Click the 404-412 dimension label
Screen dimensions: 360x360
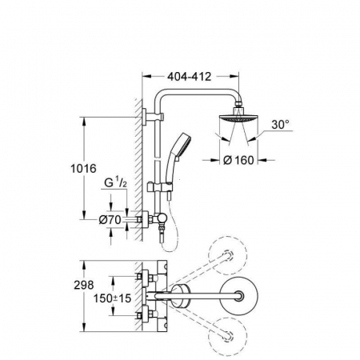pyautogui.click(x=190, y=77)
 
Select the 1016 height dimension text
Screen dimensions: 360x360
pyautogui.click(x=83, y=169)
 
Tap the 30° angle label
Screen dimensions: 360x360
pyautogui.click(x=280, y=125)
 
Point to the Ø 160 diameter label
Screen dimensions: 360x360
pyautogui.click(x=238, y=160)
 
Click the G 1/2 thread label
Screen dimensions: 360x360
pyautogui.click(x=115, y=183)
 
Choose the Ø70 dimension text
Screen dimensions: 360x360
pyautogui.click(x=110, y=219)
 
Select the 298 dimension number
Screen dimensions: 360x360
pyautogui.click(x=84, y=285)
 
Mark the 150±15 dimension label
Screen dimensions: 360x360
pyautogui.click(x=112, y=298)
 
